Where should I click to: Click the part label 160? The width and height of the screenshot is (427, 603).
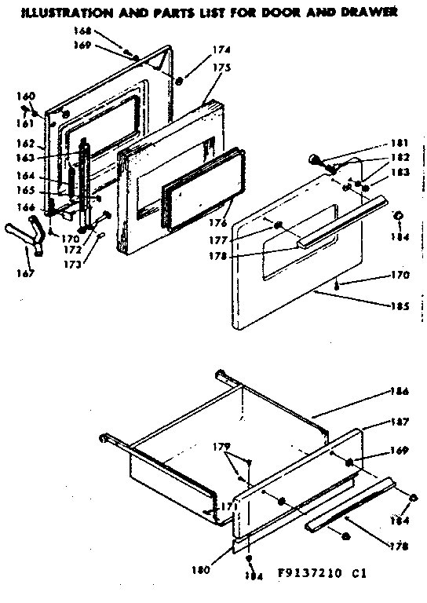[x=27, y=96]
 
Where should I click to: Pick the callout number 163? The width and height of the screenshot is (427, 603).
[x=27, y=157]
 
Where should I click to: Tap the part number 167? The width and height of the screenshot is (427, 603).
[x=27, y=274]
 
